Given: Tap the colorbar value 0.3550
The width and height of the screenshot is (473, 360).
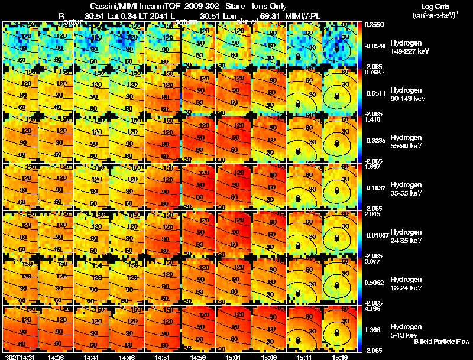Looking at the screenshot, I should [374, 25].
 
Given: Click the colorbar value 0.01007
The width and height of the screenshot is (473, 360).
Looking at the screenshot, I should [375, 235].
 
